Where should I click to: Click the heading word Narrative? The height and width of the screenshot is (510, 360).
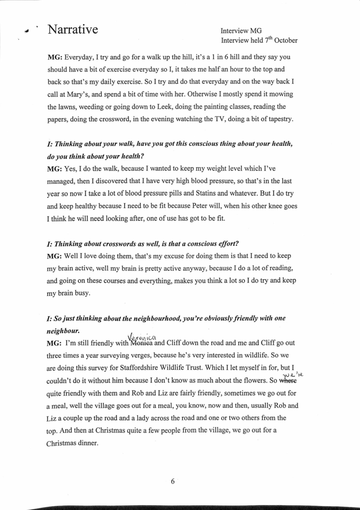73,29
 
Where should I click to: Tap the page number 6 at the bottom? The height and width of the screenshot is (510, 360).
173,482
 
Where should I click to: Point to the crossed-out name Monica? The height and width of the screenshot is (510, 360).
141,343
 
